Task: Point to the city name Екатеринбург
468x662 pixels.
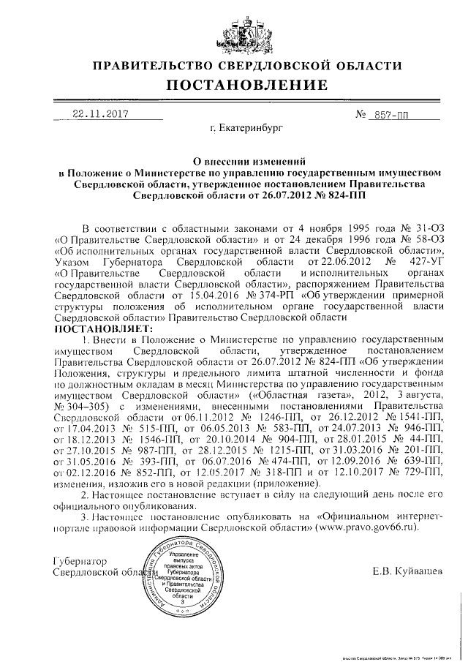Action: click(245, 129)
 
